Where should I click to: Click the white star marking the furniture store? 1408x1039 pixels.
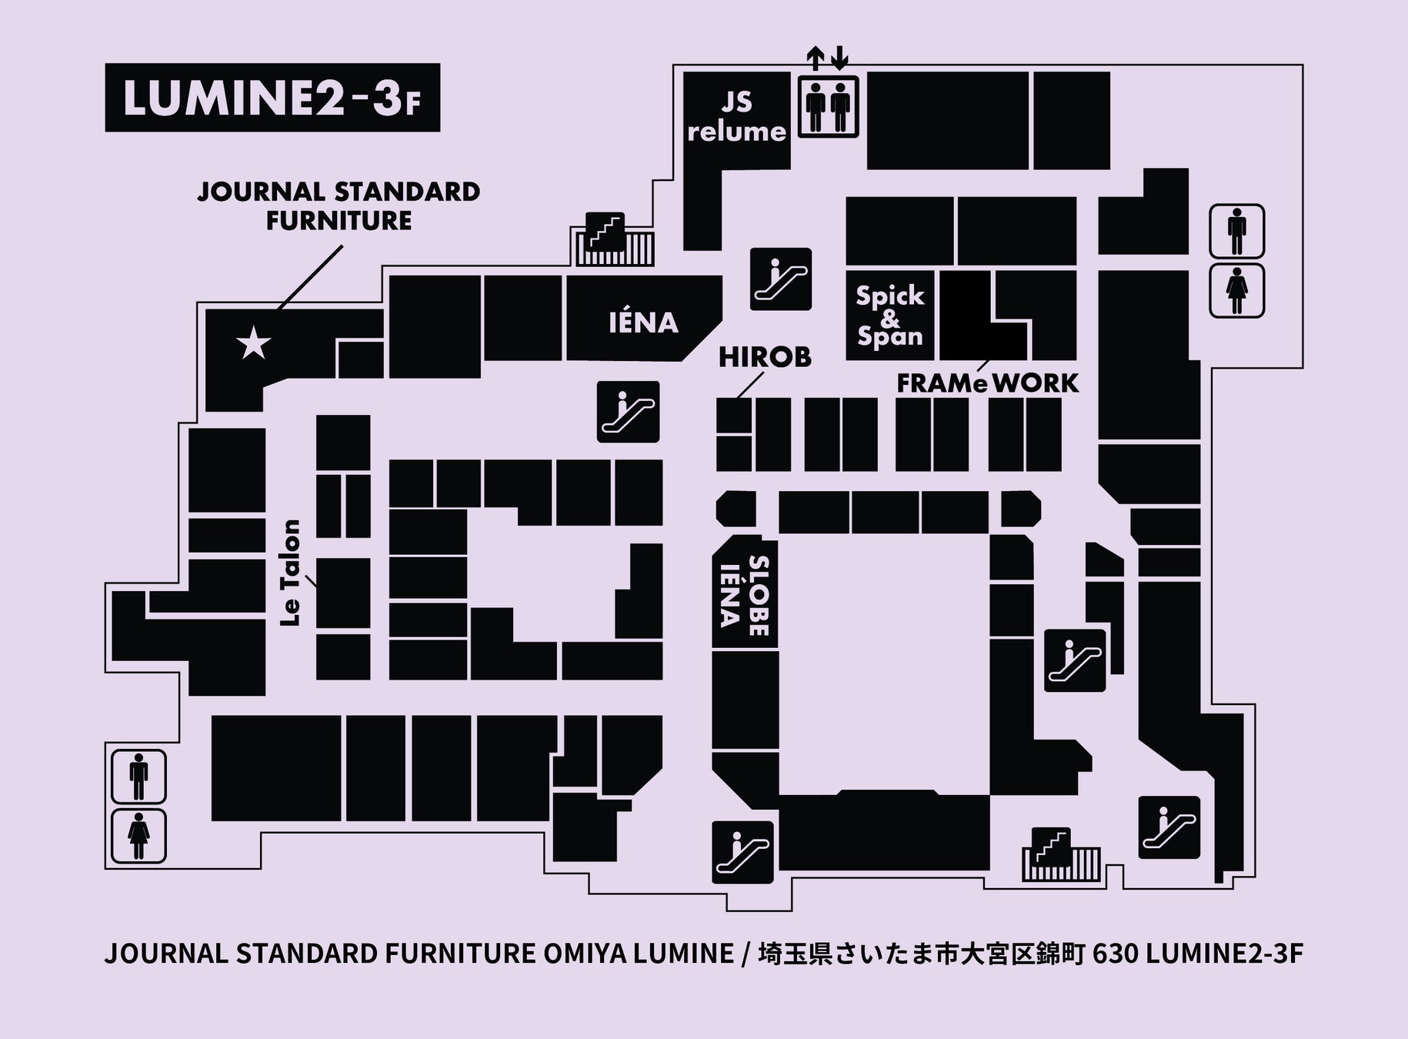pos(254,343)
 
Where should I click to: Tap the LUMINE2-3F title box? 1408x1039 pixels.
pos(272,98)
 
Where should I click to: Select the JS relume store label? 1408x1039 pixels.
pos(736,118)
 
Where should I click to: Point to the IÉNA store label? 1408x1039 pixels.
pos(643,322)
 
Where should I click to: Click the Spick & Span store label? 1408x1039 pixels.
pos(889,316)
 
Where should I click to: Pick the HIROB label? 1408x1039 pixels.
pos(765,357)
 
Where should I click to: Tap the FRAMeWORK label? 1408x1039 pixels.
pos(987,383)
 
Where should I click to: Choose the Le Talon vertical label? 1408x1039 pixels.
pos(291,573)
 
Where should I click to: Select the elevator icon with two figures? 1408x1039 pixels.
pos(828,106)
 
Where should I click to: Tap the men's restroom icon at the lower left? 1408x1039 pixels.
pos(139,777)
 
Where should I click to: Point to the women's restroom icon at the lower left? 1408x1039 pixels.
pos(139,836)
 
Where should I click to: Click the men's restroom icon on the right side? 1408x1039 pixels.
pos(1236,232)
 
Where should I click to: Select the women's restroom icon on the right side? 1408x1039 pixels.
pos(1236,290)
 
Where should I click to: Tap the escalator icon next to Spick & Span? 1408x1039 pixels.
pos(780,279)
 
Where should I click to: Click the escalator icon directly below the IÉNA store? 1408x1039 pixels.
pos(628,412)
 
